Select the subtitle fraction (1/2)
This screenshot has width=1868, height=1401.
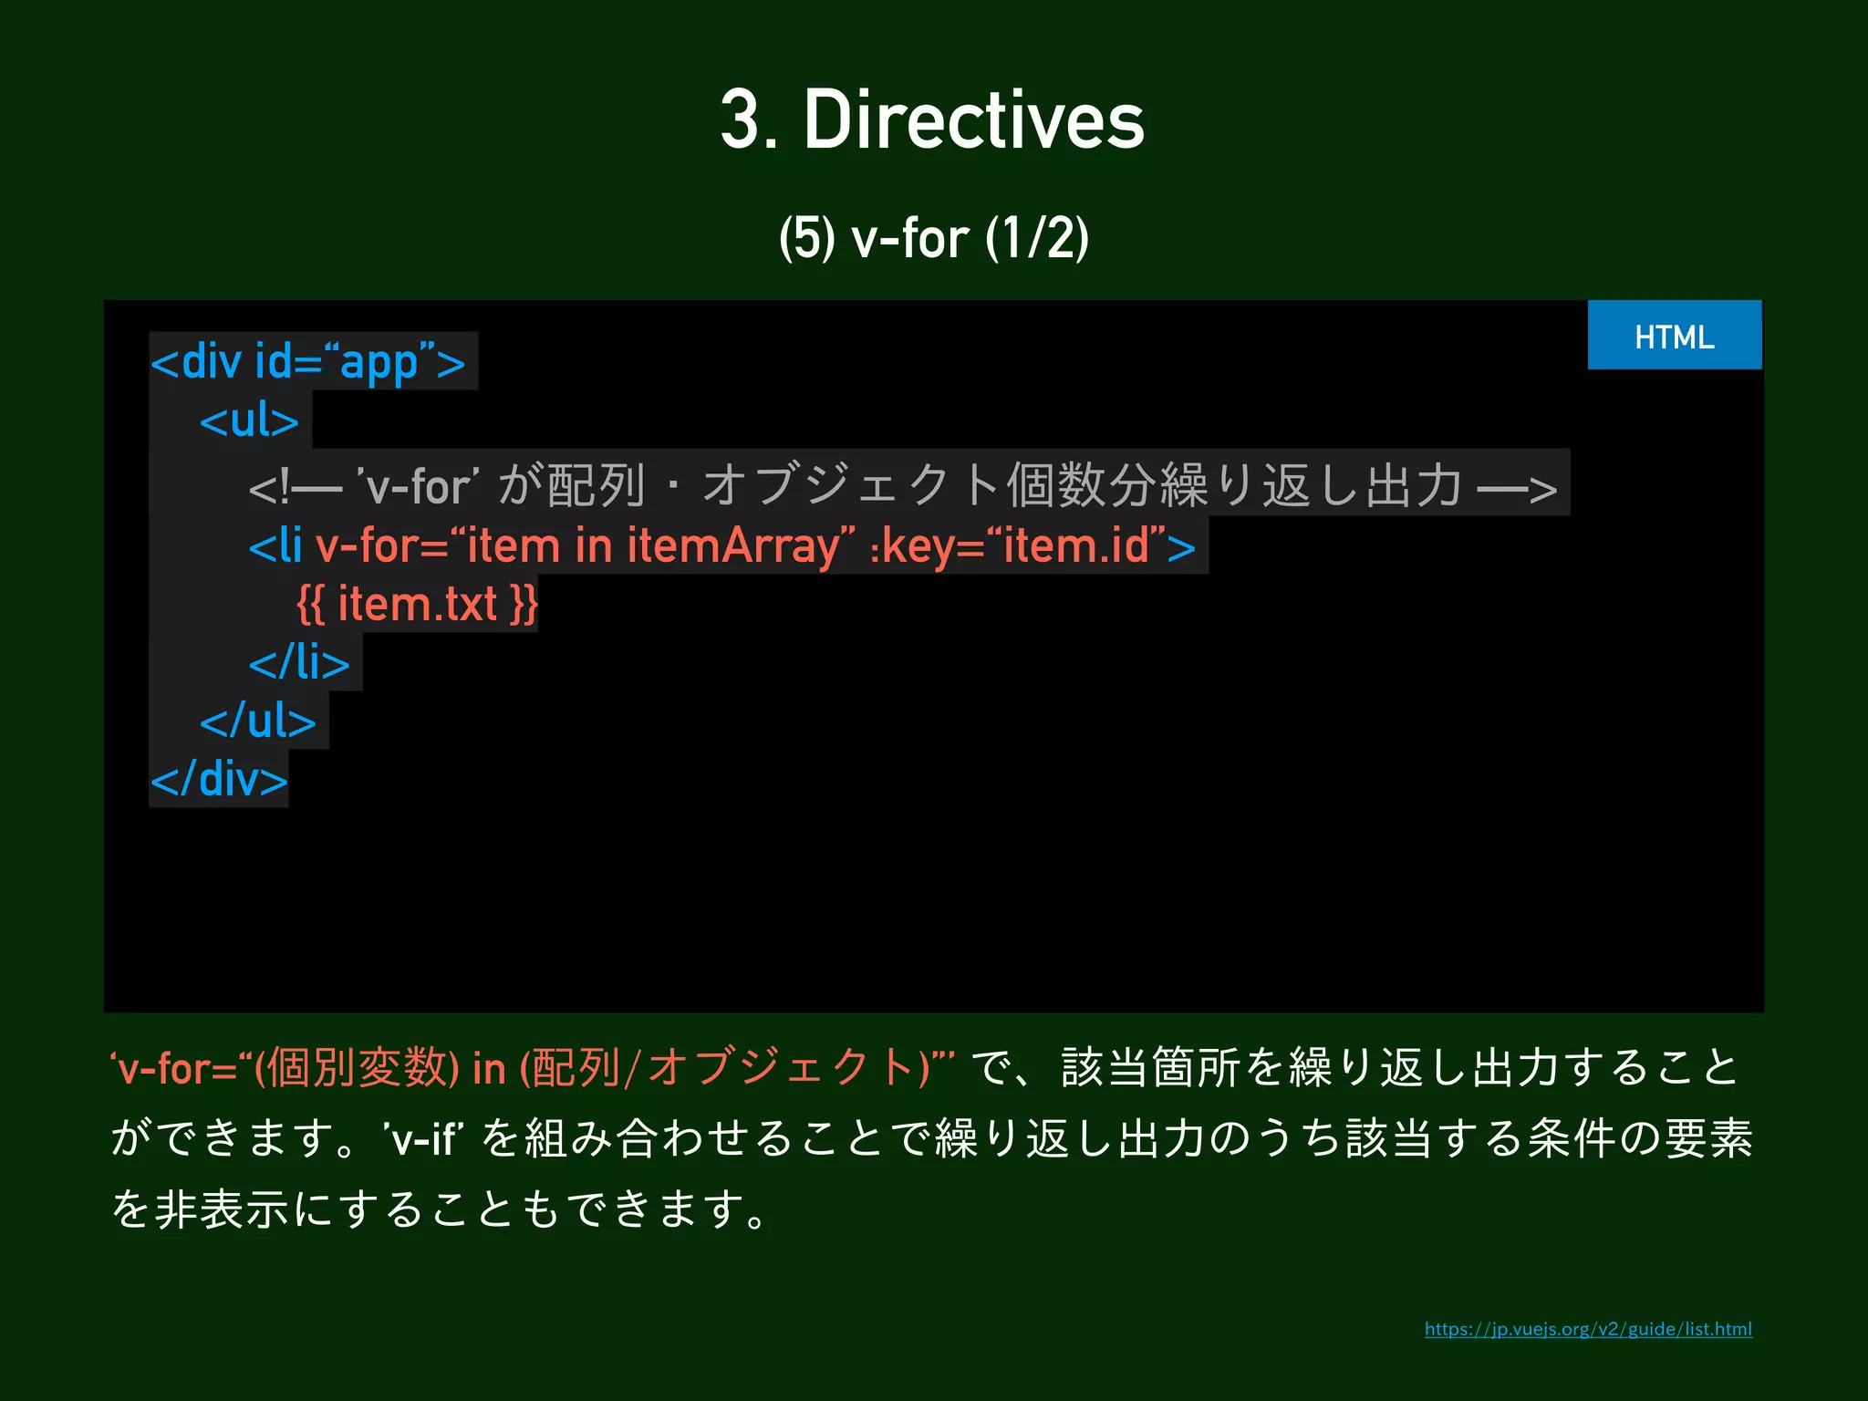1037,238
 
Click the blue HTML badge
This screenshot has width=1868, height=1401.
1674,336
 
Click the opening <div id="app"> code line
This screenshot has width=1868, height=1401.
308,362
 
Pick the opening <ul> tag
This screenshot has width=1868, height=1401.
249,420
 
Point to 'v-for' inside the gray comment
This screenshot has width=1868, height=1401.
419,485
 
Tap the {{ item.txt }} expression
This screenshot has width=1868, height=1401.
417,604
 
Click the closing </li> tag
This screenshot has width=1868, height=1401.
299,662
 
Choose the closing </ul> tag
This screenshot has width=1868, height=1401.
257,721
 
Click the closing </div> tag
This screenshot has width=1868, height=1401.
219,779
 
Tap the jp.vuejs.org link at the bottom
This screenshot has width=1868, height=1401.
1587,1329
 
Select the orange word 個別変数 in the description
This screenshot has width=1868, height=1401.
358,1067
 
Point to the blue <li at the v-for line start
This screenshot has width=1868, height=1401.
275,545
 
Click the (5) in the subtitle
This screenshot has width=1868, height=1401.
806,238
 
